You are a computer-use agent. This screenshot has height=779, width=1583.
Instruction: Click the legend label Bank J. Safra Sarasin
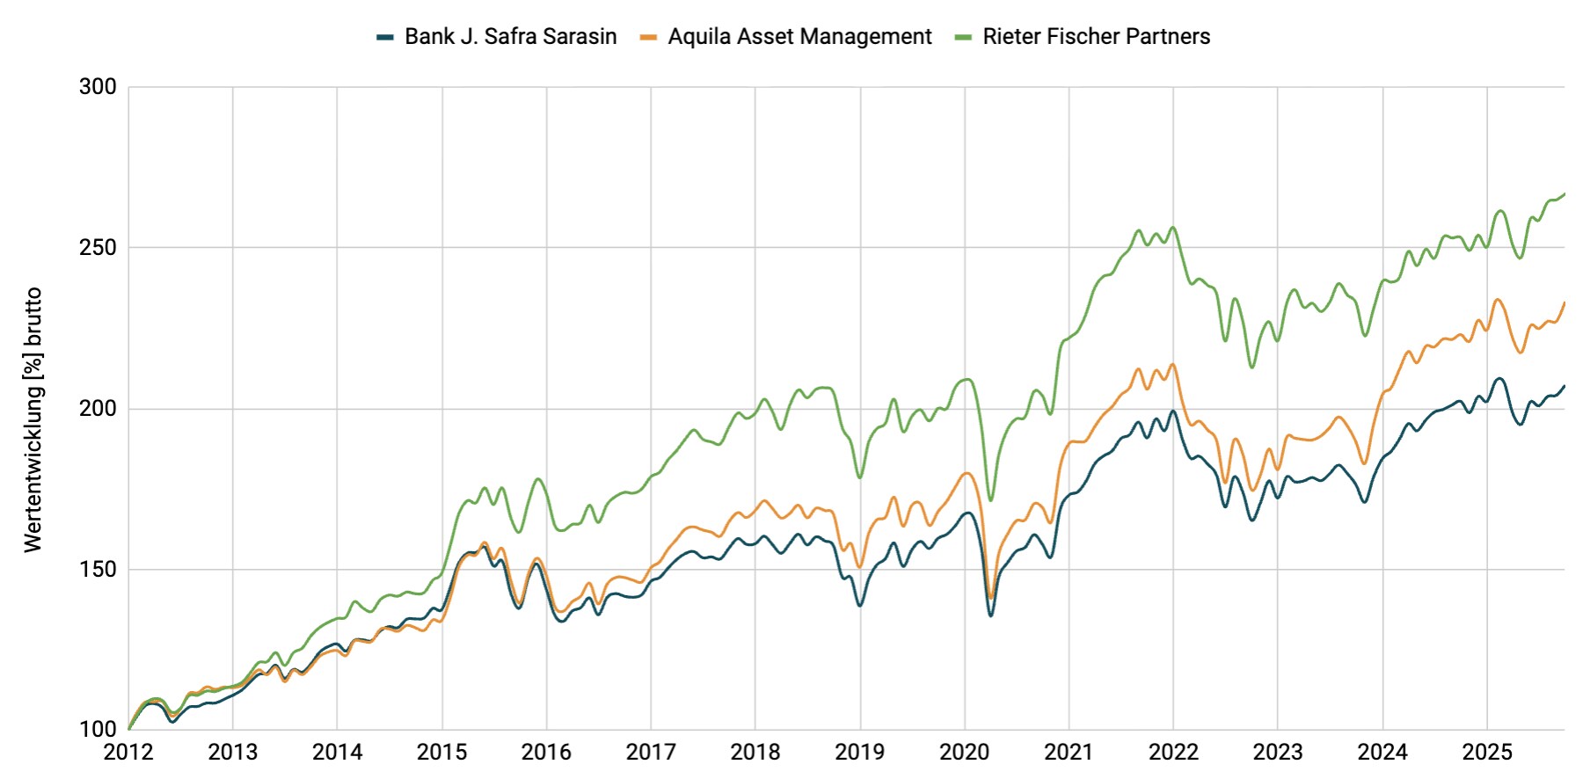(510, 36)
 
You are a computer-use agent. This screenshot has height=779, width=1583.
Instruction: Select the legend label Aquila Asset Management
(799, 36)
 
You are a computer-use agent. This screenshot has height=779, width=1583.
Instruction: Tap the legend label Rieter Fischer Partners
(1096, 36)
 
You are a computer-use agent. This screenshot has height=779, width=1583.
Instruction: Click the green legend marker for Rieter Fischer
(964, 37)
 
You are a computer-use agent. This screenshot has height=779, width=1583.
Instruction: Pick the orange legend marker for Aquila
(649, 37)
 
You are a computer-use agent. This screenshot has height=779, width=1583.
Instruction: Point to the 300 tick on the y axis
(98, 86)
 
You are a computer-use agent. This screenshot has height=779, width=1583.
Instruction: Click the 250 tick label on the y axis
(98, 247)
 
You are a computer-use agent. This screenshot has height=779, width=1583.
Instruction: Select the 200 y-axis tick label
(98, 408)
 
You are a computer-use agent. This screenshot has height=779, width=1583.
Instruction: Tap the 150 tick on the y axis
(98, 569)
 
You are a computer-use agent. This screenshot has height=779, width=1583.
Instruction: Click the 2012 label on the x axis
(128, 753)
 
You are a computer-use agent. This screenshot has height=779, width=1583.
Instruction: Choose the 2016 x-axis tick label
(546, 753)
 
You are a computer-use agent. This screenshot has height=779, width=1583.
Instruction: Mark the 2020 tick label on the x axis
(964, 753)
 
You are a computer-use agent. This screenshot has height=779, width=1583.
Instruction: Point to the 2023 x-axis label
(1278, 753)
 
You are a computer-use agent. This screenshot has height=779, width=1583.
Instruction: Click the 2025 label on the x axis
(1486, 753)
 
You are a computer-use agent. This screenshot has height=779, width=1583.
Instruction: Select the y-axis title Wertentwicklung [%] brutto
(33, 419)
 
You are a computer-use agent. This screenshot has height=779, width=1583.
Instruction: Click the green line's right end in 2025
(1564, 193)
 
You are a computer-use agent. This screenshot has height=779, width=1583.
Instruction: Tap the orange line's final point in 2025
(1564, 302)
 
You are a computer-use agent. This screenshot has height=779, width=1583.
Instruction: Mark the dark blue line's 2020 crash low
(991, 615)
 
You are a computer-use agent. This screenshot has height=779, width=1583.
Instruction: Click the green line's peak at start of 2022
(1173, 228)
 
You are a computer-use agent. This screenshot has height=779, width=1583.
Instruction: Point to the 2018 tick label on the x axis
(755, 753)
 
